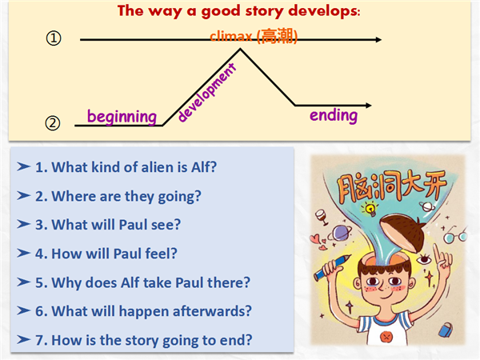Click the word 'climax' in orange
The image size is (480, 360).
click(231, 37)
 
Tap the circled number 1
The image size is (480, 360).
click(54, 38)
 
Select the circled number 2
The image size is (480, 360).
click(53, 123)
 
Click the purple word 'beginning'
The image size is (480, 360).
click(122, 117)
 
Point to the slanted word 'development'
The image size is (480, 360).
click(207, 93)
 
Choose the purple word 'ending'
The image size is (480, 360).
click(334, 115)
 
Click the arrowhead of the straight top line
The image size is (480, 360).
click(378, 39)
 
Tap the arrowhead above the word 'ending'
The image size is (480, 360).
click(369, 106)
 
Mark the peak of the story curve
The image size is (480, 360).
click(240, 49)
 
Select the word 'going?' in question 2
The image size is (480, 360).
click(179, 197)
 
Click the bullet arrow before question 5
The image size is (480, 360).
click(23, 282)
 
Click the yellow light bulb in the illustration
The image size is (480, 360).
click(370, 209)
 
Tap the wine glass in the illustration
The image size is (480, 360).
click(321, 217)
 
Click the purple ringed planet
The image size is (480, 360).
click(340, 233)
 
